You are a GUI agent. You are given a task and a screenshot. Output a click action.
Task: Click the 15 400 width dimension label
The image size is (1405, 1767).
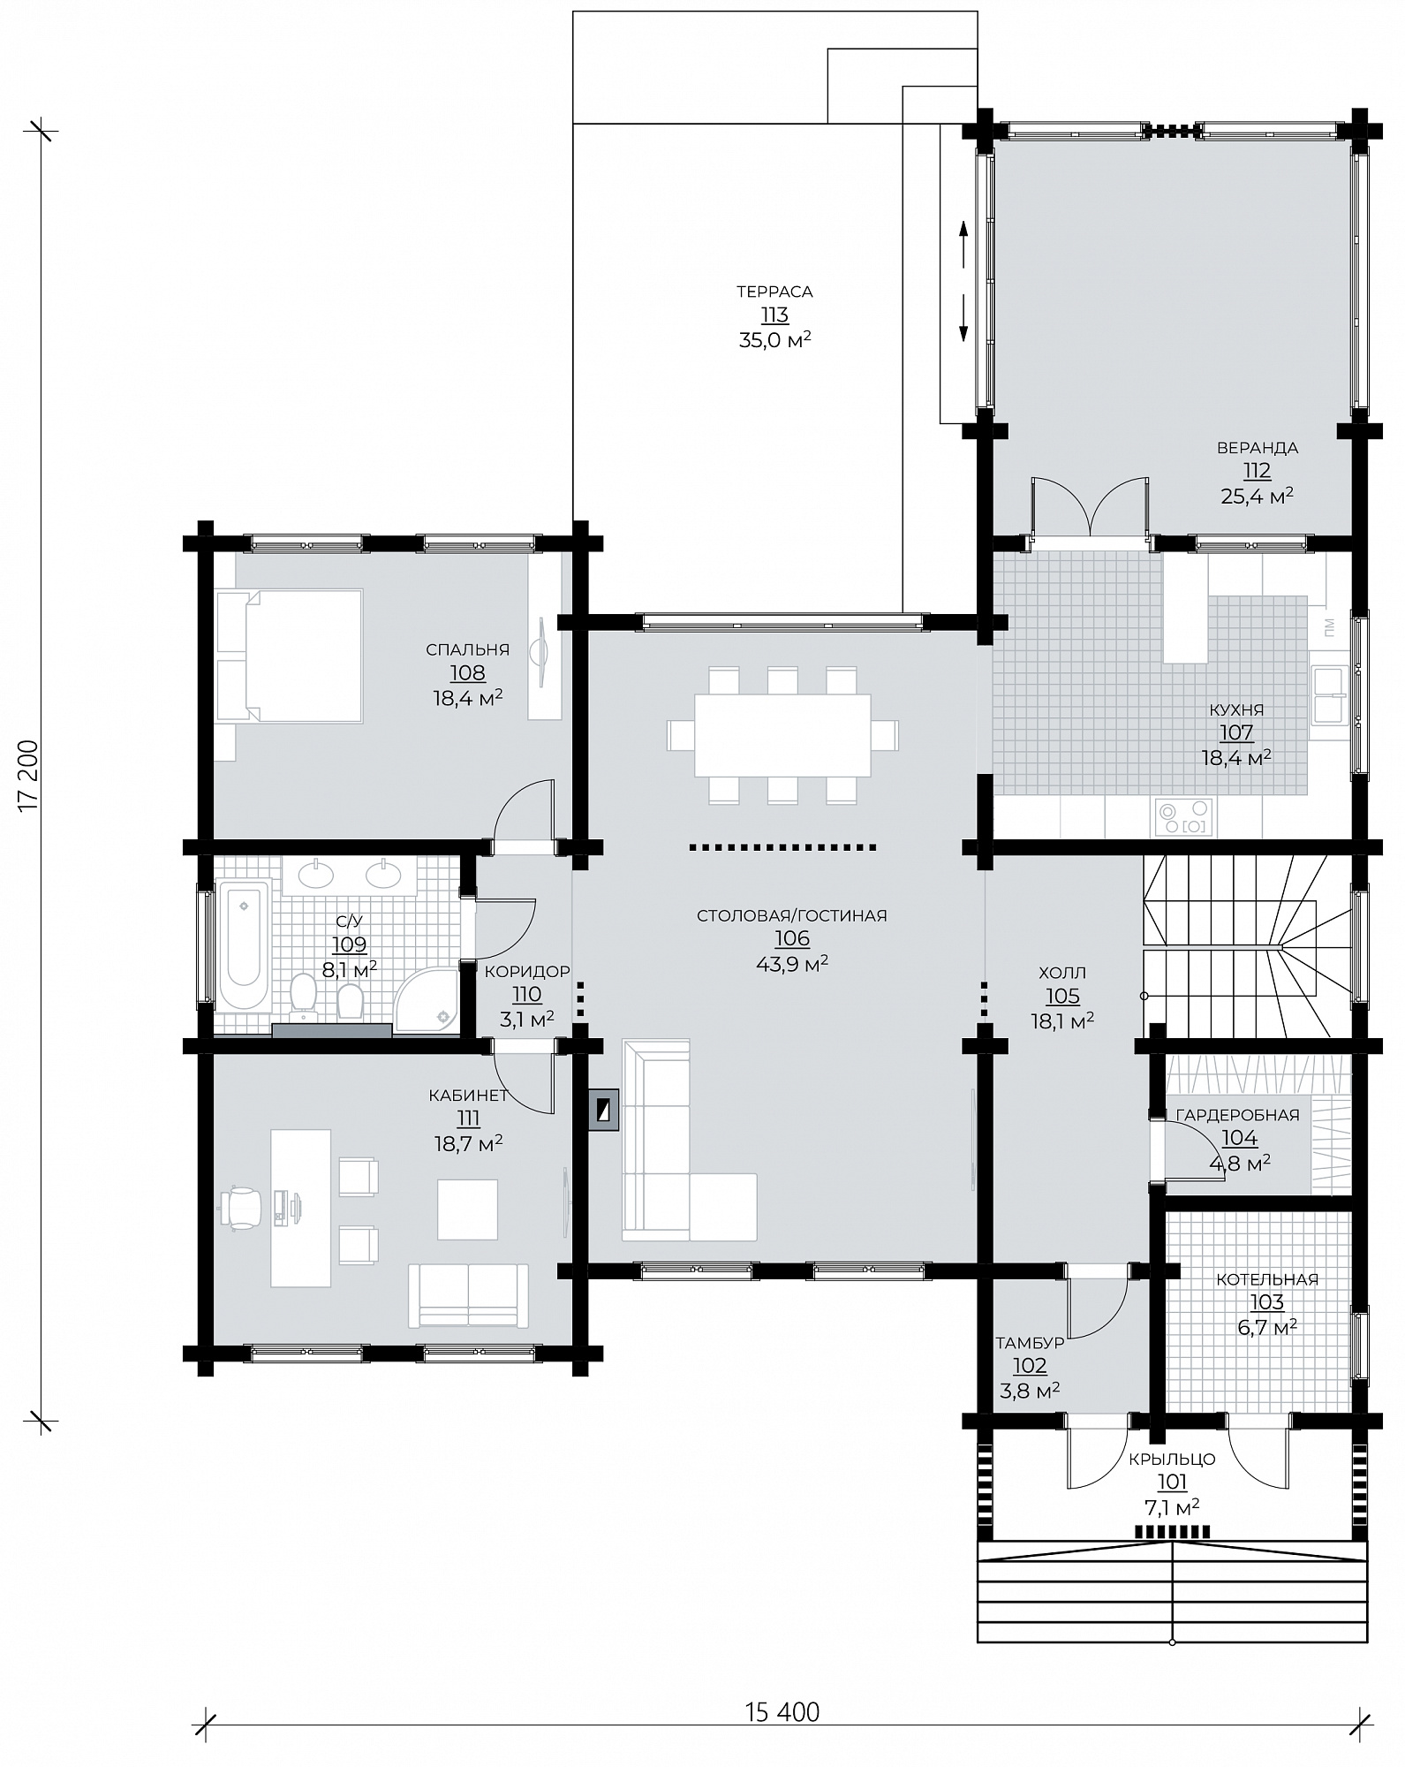coord(782,1711)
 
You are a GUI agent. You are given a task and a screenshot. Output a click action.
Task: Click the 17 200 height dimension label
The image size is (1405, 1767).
coord(29,773)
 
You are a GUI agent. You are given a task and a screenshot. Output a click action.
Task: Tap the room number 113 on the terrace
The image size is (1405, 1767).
coord(774,315)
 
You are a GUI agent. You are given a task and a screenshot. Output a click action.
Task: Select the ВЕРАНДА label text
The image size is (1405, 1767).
coord(1257,448)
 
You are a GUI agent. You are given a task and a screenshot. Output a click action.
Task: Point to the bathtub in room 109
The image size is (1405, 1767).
coord(243,945)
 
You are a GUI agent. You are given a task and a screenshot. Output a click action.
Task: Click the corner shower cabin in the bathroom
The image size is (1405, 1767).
coord(426,996)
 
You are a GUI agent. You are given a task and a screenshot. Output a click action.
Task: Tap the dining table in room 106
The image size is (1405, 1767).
coord(782,735)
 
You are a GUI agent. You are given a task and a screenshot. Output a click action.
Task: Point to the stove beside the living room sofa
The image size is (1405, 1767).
coord(604,1111)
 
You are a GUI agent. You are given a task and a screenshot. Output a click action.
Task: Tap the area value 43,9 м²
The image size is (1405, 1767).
coord(792,963)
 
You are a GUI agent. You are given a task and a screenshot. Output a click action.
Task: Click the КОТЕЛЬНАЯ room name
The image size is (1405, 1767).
coord(1267,1279)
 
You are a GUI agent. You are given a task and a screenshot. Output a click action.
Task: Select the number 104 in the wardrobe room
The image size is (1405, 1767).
coord(1239,1139)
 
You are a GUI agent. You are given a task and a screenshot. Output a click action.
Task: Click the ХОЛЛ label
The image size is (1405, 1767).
coord(1062,973)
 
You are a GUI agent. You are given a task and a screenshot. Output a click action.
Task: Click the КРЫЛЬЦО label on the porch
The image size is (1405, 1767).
coord(1172,1460)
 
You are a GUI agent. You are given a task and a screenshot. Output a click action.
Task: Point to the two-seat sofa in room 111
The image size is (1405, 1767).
coord(468,1296)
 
